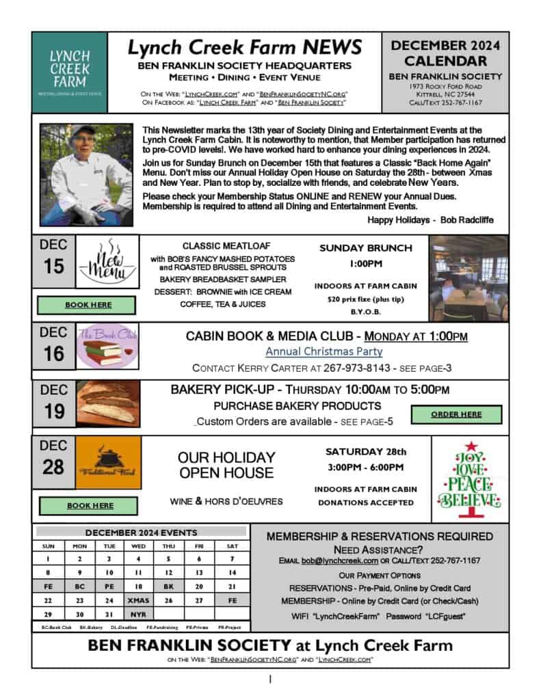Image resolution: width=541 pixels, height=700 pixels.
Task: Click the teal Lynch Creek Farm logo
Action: pyautogui.click(x=69, y=72)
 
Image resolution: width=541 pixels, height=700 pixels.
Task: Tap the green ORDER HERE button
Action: pyautogui.click(x=456, y=414)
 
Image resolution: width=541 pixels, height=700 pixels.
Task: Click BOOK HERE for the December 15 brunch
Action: pyautogui.click(x=88, y=305)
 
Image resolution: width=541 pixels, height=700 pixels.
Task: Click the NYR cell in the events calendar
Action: pyautogui.click(x=138, y=615)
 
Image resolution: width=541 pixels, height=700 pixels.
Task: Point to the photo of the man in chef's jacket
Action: pyautogui.click(x=86, y=174)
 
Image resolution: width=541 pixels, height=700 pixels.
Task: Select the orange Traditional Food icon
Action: pyautogui.click(x=107, y=463)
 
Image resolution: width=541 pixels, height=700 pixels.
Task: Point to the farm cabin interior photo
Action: pyautogui.click(x=469, y=278)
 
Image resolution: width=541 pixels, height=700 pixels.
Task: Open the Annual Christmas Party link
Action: pyautogui.click(x=324, y=351)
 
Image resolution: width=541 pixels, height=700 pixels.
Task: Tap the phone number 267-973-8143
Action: pyautogui.click(x=356, y=368)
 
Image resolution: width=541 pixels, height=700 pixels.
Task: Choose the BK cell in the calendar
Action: pyautogui.click(x=169, y=586)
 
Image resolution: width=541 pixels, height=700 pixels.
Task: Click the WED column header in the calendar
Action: pyautogui.click(x=138, y=546)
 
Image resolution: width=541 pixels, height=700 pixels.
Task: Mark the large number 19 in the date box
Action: pyautogui.click(x=53, y=412)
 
